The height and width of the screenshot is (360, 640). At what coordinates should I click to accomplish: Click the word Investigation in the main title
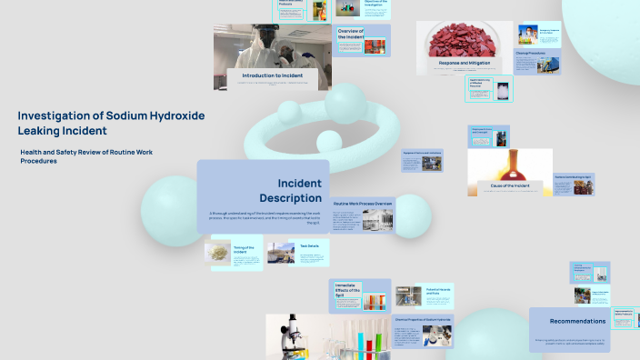click(x=53, y=115)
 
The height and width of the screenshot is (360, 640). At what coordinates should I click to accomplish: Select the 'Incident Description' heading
click(x=290, y=190)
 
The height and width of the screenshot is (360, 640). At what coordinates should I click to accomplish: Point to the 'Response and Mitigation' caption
click(x=465, y=63)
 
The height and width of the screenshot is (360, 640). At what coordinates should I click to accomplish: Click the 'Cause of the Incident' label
click(x=510, y=185)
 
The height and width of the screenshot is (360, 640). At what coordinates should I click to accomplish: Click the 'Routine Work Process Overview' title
click(x=363, y=203)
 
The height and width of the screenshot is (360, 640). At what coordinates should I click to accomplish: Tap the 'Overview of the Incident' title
click(x=350, y=34)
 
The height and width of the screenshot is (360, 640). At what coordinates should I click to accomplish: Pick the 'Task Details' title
click(x=309, y=245)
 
